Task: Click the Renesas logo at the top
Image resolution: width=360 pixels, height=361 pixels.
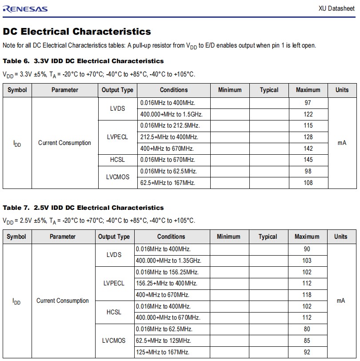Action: pos(25,8)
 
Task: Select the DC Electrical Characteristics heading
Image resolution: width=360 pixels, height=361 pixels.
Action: pos(77,32)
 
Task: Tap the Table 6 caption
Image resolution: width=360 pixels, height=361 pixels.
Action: pos(83,61)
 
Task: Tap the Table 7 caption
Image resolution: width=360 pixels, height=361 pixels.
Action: pos(83,208)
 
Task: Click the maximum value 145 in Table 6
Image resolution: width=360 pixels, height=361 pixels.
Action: pos(308,160)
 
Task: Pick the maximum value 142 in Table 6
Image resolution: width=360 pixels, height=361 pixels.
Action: pos(308,148)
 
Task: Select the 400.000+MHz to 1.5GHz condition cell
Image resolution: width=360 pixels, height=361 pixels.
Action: pos(168,114)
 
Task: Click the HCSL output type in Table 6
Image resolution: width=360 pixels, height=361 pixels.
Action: pos(117,160)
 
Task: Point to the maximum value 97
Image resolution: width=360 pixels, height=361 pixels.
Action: pos(308,103)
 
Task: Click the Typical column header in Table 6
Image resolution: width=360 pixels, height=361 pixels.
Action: pos(269,90)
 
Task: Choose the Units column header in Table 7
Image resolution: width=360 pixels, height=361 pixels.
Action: pos(341,237)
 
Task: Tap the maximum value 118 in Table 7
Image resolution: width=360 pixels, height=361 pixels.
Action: pos(307,295)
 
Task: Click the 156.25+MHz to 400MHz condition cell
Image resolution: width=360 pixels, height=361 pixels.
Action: pos(167,283)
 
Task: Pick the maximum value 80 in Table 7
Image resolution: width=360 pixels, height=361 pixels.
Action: pos(307,329)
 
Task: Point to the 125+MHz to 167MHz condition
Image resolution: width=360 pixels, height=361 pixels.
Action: pos(163,352)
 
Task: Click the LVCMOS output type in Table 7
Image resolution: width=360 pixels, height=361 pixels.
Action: pos(114,341)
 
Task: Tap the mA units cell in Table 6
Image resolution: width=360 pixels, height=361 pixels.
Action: pos(342,143)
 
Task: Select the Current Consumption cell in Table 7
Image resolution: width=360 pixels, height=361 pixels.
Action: pos(63,301)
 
